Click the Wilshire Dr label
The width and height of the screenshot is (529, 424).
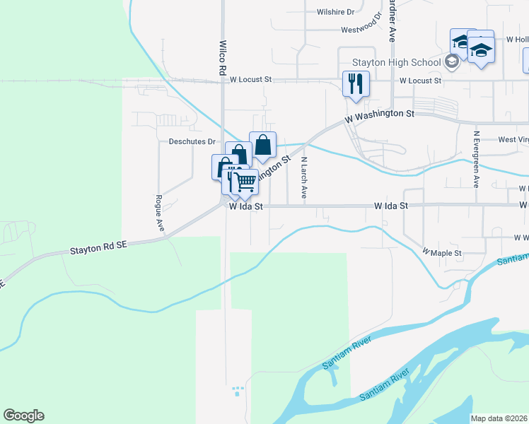(x=335, y=12)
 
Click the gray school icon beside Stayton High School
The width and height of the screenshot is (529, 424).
(x=452, y=62)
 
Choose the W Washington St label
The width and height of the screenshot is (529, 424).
(x=380, y=116)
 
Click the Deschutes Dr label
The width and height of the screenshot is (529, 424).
(x=192, y=141)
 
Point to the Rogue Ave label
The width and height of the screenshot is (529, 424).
(x=160, y=213)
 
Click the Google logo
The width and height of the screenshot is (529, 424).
(x=23, y=416)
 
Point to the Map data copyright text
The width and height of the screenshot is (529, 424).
(x=499, y=418)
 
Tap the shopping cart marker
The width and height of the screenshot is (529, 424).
(x=245, y=182)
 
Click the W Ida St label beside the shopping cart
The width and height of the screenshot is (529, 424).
(x=245, y=207)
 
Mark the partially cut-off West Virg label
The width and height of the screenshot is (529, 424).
(x=513, y=140)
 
